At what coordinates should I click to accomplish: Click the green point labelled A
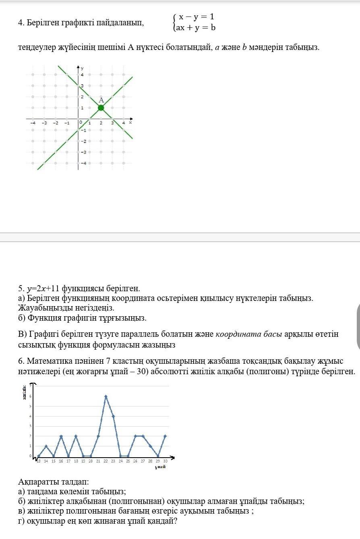[101, 108]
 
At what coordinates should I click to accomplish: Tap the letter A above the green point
[101, 100]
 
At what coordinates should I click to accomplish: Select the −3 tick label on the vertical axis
[83, 152]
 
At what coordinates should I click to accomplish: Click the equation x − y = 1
[197, 17]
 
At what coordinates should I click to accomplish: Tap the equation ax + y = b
[196, 28]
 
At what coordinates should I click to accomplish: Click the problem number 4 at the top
[20, 23]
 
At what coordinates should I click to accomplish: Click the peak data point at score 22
[106, 396]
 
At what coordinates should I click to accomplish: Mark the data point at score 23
[113, 416]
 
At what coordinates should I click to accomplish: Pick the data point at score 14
[46, 446]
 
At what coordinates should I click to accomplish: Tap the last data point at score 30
[165, 436]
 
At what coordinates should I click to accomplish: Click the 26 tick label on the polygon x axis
[135, 461]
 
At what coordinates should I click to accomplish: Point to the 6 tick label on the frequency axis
[29, 396]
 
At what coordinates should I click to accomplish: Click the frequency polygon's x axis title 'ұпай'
[160, 467]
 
